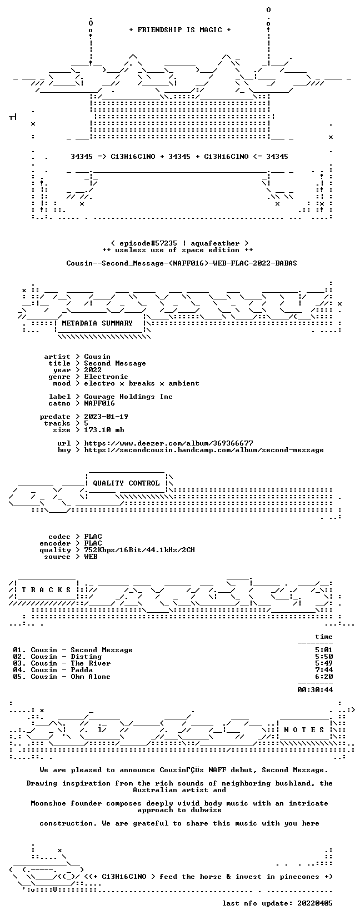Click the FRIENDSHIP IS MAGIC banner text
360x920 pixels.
click(x=180, y=30)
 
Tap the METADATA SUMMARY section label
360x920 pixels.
click(x=97, y=323)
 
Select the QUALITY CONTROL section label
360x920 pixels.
click(x=126, y=483)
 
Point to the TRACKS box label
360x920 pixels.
click(x=46, y=590)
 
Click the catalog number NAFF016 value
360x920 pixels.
click(x=99, y=403)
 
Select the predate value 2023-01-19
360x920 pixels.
click(x=106, y=417)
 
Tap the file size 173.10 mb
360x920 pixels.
click(x=104, y=430)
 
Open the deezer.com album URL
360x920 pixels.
click(x=169, y=443)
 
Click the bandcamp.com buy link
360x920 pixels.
click(x=203, y=450)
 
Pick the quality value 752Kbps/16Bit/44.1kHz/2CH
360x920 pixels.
click(x=139, y=550)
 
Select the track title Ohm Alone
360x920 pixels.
click(x=91, y=677)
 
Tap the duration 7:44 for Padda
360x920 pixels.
click(x=324, y=670)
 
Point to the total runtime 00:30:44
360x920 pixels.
click(x=315, y=689)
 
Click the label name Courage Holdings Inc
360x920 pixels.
click(x=128, y=397)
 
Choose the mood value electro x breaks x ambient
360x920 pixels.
click(x=142, y=383)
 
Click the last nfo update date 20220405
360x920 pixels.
click(x=315, y=903)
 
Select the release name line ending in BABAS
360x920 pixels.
click(x=182, y=263)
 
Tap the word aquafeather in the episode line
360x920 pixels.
click(x=214, y=243)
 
